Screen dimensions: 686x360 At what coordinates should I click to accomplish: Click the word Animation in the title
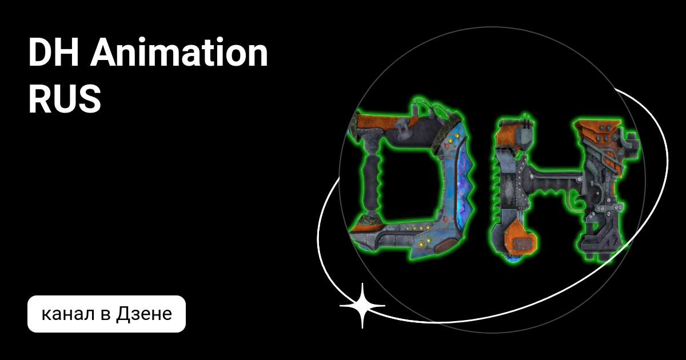coord(179,53)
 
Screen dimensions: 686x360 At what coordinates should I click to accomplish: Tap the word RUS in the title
coord(65,99)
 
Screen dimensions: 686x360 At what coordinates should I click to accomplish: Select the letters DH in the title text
coord(54,53)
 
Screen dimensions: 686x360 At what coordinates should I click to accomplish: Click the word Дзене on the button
coord(144,314)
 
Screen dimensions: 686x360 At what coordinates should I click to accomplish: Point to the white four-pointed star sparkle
coord(362,306)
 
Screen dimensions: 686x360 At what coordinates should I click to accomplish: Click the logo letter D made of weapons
coord(410,181)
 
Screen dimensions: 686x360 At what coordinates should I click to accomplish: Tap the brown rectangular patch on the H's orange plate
coord(522,244)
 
